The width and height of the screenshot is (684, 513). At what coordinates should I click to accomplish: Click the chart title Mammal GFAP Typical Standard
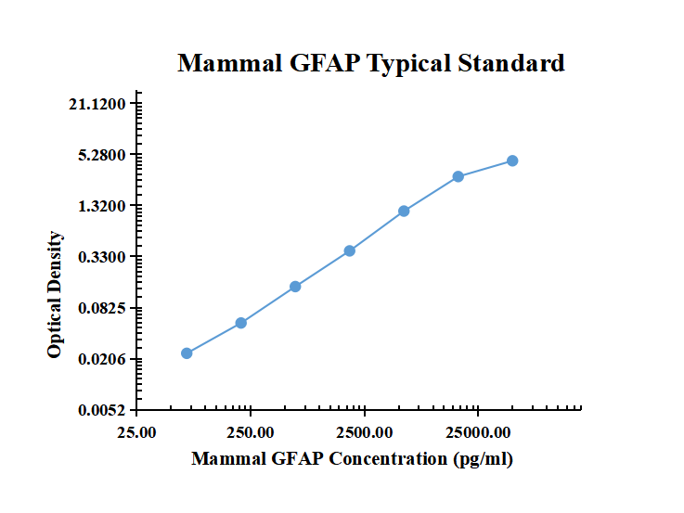point(370,63)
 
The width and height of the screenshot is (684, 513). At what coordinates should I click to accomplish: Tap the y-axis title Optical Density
point(56,295)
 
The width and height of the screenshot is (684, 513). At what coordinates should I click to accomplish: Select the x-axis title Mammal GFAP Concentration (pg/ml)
point(352,458)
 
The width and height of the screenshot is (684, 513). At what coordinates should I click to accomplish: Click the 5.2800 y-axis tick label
point(103,155)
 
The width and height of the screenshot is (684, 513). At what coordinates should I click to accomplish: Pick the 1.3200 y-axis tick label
point(103,206)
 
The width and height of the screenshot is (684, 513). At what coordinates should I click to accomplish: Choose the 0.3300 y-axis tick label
point(103,257)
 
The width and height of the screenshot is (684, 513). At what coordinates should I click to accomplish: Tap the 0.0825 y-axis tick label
point(103,308)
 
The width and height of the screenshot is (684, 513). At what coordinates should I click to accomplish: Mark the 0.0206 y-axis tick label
point(103,359)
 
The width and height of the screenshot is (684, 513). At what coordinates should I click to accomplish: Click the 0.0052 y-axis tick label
point(103,409)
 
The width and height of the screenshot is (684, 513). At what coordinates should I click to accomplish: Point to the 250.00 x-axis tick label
point(251,432)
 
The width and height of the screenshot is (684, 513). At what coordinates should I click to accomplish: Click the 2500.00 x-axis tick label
point(365,432)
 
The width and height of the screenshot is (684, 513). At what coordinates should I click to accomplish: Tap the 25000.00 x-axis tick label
point(478,432)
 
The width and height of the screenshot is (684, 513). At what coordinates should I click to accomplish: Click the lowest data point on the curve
point(187,353)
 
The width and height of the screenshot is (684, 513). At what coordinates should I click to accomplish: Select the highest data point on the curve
point(512,161)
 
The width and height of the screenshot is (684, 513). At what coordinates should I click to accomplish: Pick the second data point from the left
point(241,323)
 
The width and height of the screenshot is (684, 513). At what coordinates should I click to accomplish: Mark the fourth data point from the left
point(350,250)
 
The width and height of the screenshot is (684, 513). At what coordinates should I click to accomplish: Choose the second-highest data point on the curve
point(458,176)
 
